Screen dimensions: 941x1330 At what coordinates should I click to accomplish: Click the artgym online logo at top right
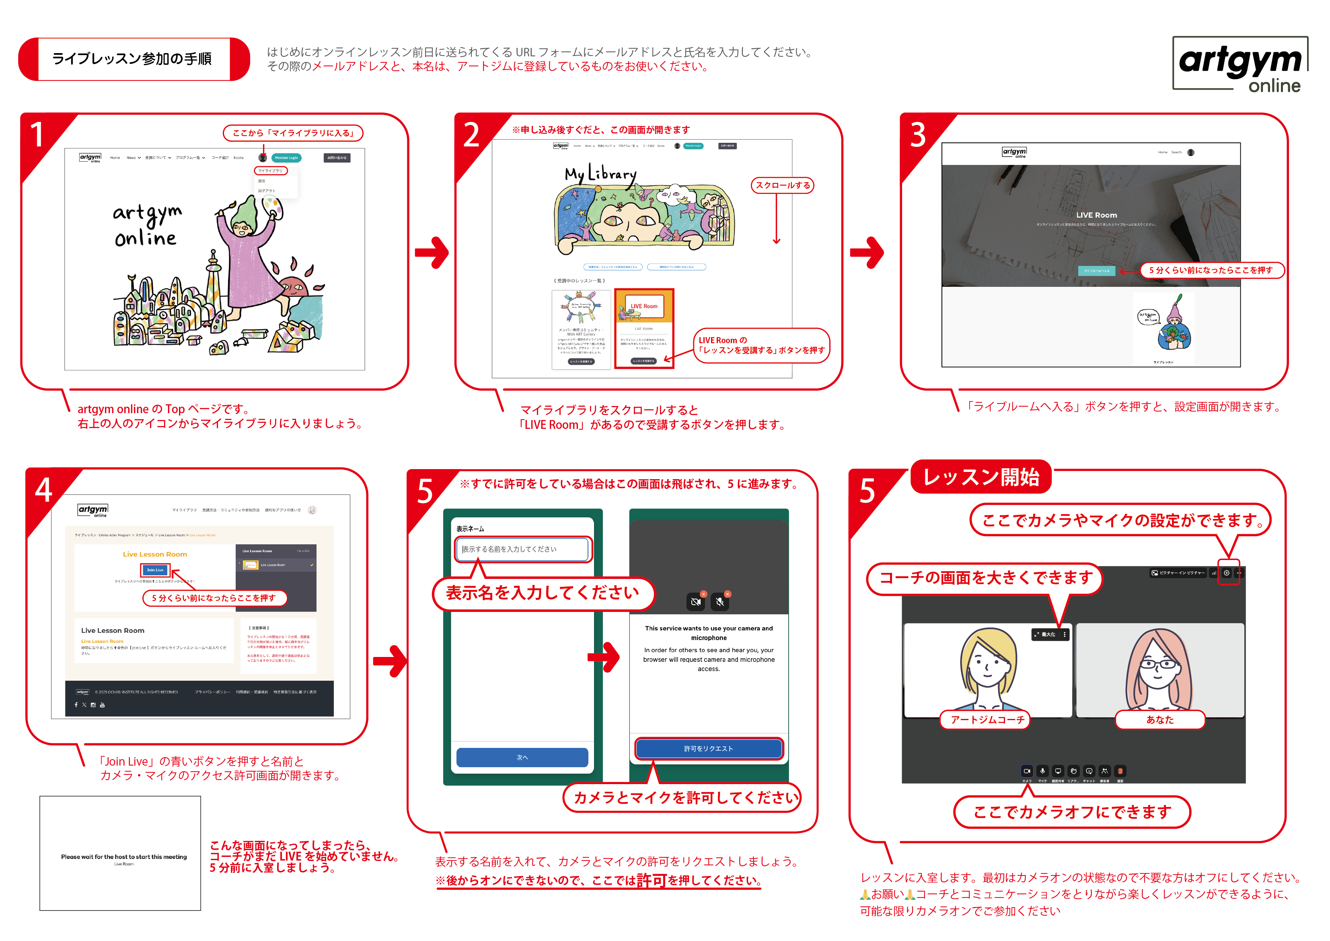click(x=1240, y=64)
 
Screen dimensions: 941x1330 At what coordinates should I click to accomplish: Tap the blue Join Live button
click(x=155, y=570)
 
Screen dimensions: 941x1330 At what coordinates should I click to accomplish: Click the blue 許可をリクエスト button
click(x=709, y=749)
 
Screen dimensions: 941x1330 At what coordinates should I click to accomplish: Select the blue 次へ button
click(x=522, y=757)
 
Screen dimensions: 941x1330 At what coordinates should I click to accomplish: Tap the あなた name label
click(x=1160, y=720)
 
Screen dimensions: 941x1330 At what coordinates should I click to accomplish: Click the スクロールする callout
click(x=783, y=185)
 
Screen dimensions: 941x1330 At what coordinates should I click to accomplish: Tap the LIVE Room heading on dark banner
click(x=1097, y=215)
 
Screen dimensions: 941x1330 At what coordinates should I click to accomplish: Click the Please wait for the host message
click(x=124, y=857)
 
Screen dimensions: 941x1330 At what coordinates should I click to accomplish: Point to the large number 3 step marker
click(x=918, y=135)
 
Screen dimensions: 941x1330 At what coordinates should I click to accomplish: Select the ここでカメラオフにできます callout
click(x=1072, y=812)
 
